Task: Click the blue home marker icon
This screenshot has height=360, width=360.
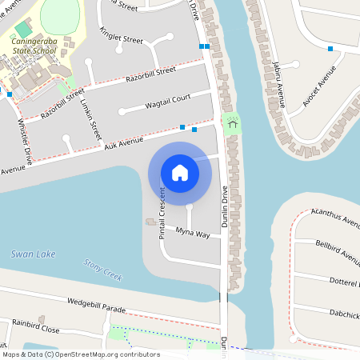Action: [180, 173]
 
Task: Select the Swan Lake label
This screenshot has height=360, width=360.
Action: [34, 254]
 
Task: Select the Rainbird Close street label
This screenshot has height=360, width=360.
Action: [35, 329]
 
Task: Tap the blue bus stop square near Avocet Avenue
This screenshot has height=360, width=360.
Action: [330, 49]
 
